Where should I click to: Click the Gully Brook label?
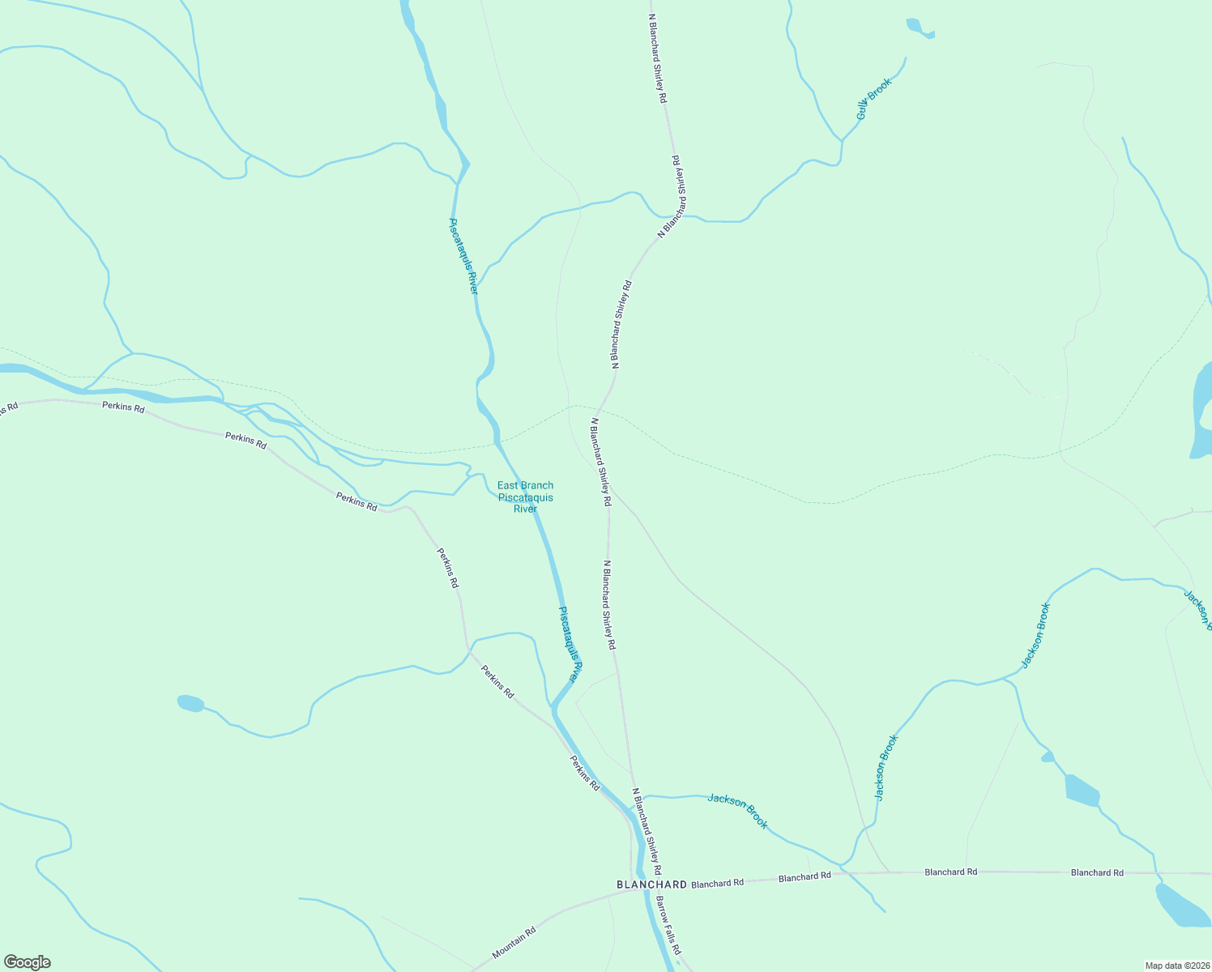click(x=873, y=99)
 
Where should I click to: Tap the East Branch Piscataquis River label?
click(x=525, y=497)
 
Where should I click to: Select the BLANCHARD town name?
click(x=651, y=885)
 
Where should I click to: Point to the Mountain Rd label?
click(x=514, y=944)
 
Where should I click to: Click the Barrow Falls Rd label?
click(x=668, y=925)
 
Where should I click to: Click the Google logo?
click(x=27, y=962)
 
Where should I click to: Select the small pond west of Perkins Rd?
click(x=190, y=703)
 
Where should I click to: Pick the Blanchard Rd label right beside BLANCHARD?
click(x=717, y=883)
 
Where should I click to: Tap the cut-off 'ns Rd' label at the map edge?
click(x=8, y=408)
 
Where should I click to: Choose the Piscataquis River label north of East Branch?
click(x=463, y=255)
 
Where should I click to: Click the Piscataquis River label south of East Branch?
click(x=570, y=644)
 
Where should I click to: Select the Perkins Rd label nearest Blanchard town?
click(x=584, y=774)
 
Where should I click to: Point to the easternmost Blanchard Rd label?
click(x=1097, y=872)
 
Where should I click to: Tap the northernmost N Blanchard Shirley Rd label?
click(x=657, y=57)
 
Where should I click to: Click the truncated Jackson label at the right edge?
click(x=1197, y=609)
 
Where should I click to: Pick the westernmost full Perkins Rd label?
click(x=123, y=407)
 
